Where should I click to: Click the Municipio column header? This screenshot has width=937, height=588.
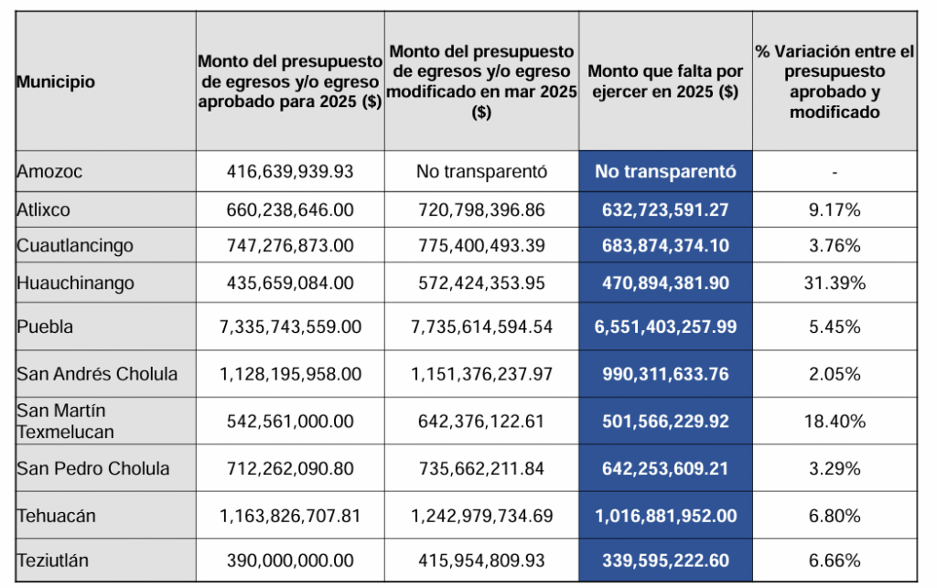click(x=56, y=82)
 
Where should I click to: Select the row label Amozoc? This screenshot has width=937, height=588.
click(x=49, y=171)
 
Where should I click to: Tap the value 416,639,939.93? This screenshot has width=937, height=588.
click(x=290, y=171)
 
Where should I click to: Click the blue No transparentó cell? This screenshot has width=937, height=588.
click(x=665, y=171)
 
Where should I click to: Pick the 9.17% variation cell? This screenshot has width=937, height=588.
click(x=833, y=210)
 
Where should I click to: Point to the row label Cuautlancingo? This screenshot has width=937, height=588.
click(x=75, y=246)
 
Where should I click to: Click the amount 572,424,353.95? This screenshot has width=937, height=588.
click(x=481, y=283)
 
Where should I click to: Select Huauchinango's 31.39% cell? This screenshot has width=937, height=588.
click(x=834, y=283)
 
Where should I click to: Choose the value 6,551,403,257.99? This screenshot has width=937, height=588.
click(x=665, y=326)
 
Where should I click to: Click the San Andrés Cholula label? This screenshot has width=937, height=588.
click(x=98, y=374)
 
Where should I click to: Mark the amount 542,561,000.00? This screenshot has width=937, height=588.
click(x=290, y=422)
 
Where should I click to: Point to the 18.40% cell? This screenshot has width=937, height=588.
click(x=834, y=422)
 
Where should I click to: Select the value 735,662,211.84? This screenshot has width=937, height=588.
click(x=481, y=469)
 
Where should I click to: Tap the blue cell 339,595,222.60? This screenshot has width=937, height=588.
click(x=665, y=561)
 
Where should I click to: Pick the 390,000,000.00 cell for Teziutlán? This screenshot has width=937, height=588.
click(x=290, y=561)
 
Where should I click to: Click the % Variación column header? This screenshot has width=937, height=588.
click(x=835, y=82)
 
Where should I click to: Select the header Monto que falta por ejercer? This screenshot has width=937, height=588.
click(x=665, y=82)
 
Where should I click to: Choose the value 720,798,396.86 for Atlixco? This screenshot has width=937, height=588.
click(x=481, y=210)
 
